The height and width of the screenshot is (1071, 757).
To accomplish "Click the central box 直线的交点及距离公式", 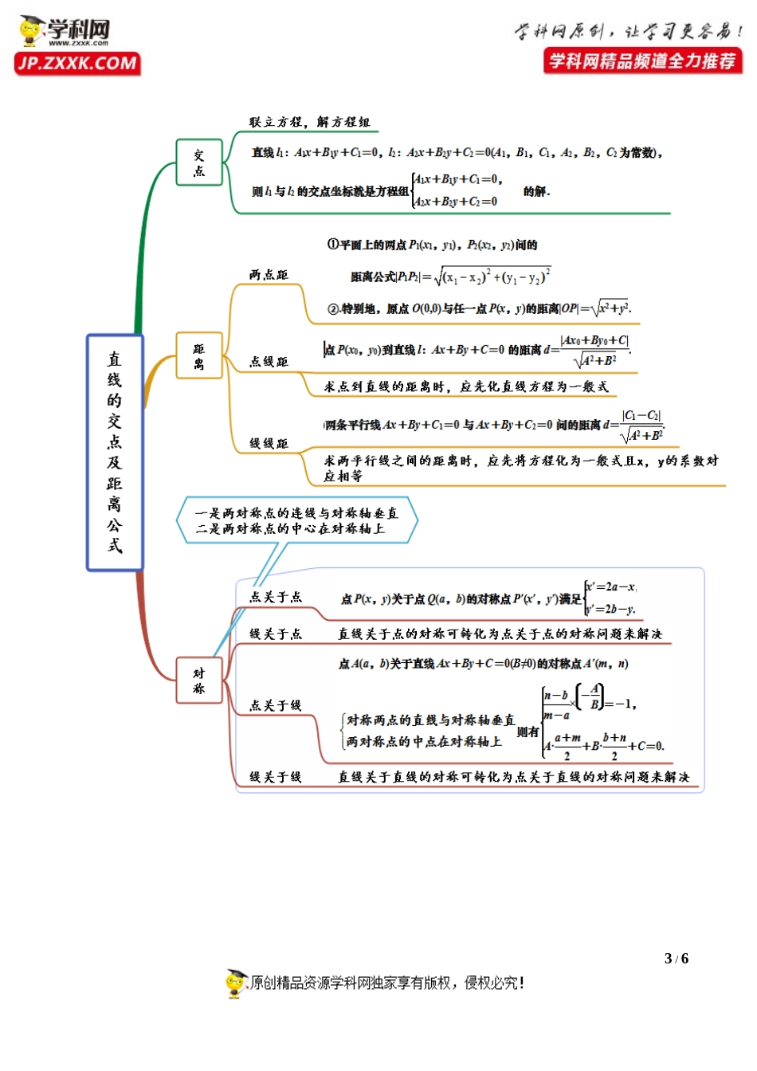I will pos(115,452).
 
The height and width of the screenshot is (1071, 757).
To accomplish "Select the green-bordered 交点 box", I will pos(199,163).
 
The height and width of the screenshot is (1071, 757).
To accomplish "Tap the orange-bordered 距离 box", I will pos(199,356).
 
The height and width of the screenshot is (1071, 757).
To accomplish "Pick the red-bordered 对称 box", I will pos(199,681).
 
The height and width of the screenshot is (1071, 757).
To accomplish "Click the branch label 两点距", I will pos(269,275).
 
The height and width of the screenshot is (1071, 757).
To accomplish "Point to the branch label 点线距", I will pos(269,362).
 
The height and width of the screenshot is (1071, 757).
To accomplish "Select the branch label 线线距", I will pos(269,443).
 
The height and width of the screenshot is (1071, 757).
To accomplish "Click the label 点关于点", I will pos(275,597).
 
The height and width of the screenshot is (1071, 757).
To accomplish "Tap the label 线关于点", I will pos(275,634).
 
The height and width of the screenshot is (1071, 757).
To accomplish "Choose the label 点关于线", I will pos(275,705).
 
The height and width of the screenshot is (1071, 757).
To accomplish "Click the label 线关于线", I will pos(275,777).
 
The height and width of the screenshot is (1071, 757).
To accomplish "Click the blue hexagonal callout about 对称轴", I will pos(296,520).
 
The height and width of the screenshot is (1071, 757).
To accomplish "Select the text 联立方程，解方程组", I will pos(309,122).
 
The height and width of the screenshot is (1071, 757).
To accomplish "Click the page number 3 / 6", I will pos(676,959).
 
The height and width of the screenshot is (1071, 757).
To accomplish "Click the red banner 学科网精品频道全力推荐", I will pos(642,61).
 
